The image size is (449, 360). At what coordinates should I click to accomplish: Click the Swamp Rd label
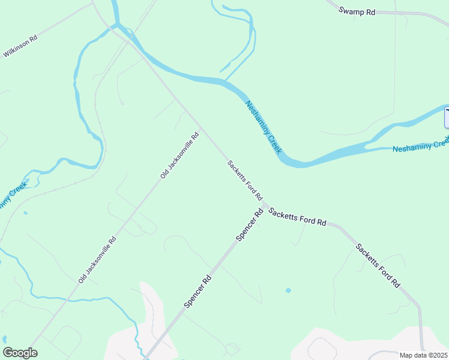point(357,11)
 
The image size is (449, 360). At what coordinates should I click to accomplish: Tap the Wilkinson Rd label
point(20,46)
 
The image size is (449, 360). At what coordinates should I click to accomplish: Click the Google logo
point(20,353)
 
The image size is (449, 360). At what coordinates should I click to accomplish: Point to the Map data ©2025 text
point(423,355)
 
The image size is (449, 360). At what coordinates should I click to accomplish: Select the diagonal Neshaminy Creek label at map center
point(263,127)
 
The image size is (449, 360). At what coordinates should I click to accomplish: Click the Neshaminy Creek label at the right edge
point(421,145)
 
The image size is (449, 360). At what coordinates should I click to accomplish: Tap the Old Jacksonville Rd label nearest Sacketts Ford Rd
point(179,156)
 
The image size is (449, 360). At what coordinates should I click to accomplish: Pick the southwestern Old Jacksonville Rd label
point(97,259)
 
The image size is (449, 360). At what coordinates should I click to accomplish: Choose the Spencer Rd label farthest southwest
point(197,291)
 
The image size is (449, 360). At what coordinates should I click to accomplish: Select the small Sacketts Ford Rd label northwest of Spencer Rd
point(245,180)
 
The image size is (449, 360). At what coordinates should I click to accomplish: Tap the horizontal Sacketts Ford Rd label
point(297,217)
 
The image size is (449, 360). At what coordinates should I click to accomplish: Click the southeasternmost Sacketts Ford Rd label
point(378,266)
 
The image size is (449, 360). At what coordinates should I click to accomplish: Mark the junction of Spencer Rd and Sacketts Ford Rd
point(265,206)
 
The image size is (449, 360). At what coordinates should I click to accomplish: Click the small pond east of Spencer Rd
point(288,290)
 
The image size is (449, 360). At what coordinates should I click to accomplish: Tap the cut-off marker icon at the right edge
point(447,117)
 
